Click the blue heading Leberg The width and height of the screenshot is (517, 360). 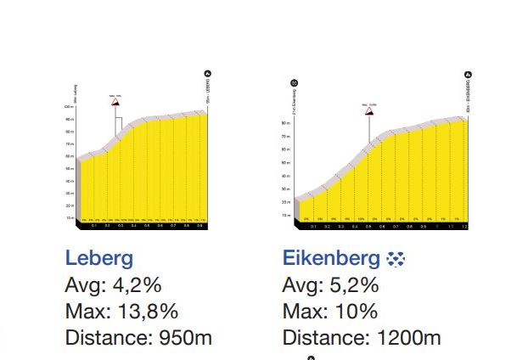pyautogui.click(x=98, y=257)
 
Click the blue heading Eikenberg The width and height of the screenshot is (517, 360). pyautogui.click(x=331, y=257)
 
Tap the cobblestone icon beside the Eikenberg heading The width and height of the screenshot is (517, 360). pyautogui.click(x=396, y=258)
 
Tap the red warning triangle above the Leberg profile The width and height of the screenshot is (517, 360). pyautogui.click(x=115, y=100)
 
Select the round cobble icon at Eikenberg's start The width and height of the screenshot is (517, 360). pyautogui.click(x=294, y=82)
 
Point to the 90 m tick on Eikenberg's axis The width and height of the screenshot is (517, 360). pyautogui.click(x=286, y=123)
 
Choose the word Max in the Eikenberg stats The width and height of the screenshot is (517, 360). pyautogui.click(x=301, y=311)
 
